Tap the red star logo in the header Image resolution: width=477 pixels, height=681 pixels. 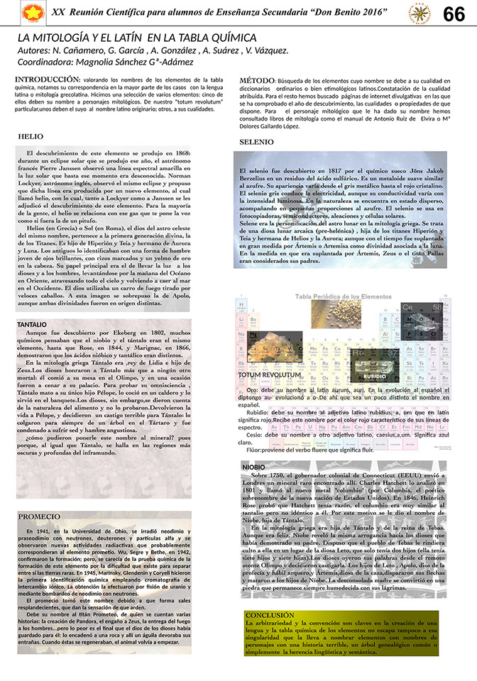[31, 12]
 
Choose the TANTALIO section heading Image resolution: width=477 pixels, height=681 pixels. [32, 324]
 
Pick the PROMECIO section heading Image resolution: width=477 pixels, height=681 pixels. [39, 516]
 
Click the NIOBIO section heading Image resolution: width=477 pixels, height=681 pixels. [253, 467]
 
